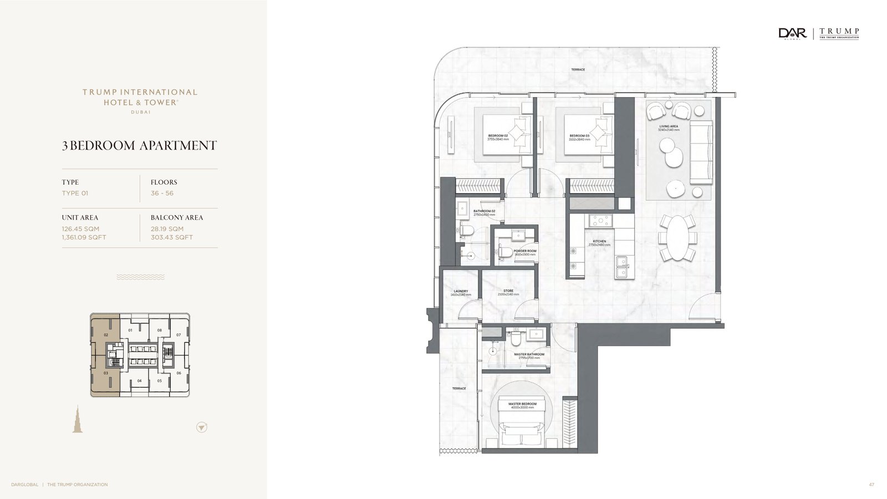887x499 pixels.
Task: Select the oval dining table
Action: coord(677,237)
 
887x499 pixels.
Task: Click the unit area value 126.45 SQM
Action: coord(80,228)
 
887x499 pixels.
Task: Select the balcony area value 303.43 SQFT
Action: coord(172,237)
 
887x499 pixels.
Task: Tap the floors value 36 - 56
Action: coord(162,193)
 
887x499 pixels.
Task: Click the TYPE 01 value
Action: coord(75,193)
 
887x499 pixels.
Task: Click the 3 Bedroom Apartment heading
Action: coord(139,145)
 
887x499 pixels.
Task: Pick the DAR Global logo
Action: coord(792,34)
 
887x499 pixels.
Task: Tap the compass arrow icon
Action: coord(202,427)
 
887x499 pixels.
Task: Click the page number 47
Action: coord(871,485)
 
